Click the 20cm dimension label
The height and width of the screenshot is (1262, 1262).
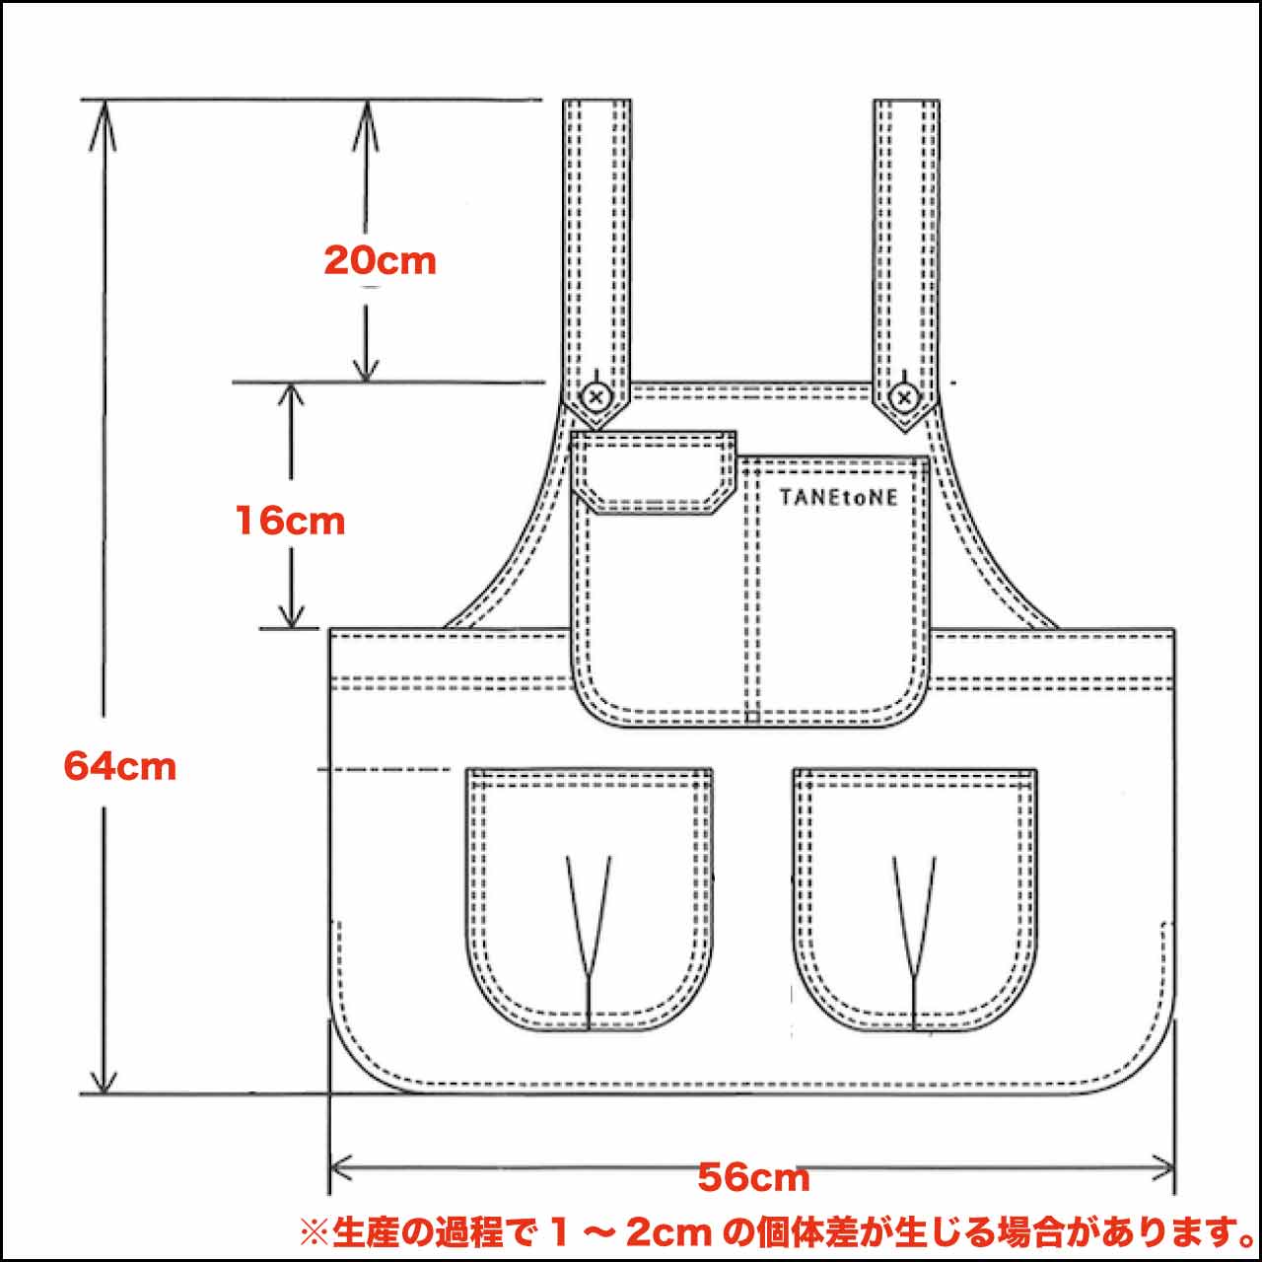[x=380, y=260]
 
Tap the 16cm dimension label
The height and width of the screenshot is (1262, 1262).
[x=290, y=521]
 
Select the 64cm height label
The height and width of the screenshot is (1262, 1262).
[x=119, y=766]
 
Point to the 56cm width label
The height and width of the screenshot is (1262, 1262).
[x=753, y=1177]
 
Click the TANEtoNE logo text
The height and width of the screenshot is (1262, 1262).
[x=838, y=497]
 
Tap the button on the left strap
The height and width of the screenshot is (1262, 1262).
[x=596, y=397]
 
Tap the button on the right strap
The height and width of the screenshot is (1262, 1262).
[x=904, y=397]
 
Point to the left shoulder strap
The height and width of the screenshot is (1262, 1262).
[x=596, y=237]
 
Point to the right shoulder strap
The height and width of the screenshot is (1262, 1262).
[x=905, y=237]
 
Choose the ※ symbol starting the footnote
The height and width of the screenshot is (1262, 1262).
[x=314, y=1231]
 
